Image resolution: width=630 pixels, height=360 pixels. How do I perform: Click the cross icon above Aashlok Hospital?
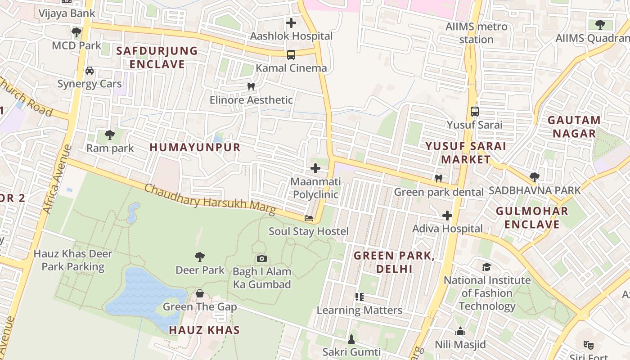point(291,22)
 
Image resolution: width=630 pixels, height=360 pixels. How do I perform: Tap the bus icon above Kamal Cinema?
point(291,55)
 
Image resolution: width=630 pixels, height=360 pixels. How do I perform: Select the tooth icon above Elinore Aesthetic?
point(251,86)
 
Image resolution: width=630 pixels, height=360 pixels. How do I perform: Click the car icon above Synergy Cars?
point(90,71)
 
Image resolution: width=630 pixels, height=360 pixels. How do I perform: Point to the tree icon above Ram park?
point(109,135)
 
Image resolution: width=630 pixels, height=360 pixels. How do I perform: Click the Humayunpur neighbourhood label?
point(195,147)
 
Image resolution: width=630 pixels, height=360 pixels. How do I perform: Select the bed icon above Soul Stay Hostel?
point(309,218)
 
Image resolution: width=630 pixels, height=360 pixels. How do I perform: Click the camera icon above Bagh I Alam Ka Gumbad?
point(262,258)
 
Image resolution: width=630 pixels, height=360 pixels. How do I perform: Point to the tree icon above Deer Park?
point(200,257)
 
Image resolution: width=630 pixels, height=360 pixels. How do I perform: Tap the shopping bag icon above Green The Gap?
point(200,294)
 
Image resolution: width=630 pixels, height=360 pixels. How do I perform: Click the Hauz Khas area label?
point(204,330)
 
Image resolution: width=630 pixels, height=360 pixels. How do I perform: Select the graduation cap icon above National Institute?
point(486,267)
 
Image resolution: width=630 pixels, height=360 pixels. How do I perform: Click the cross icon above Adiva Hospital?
point(447,216)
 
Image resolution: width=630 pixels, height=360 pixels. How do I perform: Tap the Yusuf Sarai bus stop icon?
point(474,111)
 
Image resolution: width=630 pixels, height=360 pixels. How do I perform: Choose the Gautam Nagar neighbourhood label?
point(574,127)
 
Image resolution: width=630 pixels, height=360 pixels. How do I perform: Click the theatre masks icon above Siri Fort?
point(588,345)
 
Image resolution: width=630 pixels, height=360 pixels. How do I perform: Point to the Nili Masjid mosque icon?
point(460,332)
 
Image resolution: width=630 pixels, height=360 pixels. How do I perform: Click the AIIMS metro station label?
point(476,33)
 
